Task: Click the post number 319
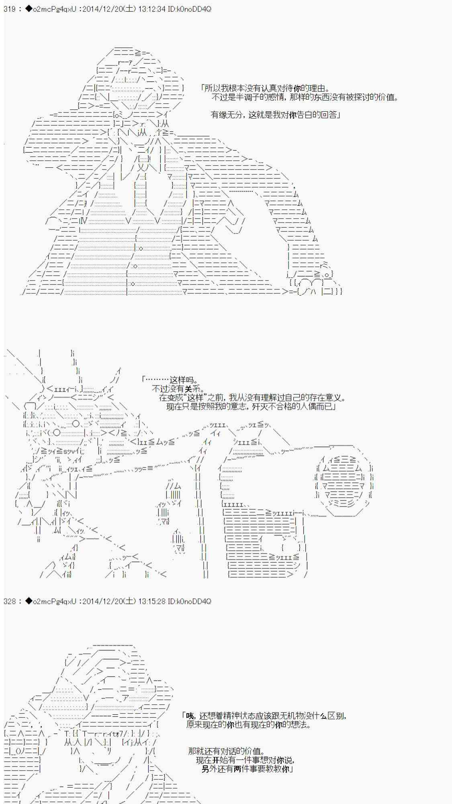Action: click(9, 9)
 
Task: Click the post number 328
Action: click(9, 601)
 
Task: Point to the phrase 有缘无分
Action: click(227, 115)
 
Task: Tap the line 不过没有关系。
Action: click(178, 389)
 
